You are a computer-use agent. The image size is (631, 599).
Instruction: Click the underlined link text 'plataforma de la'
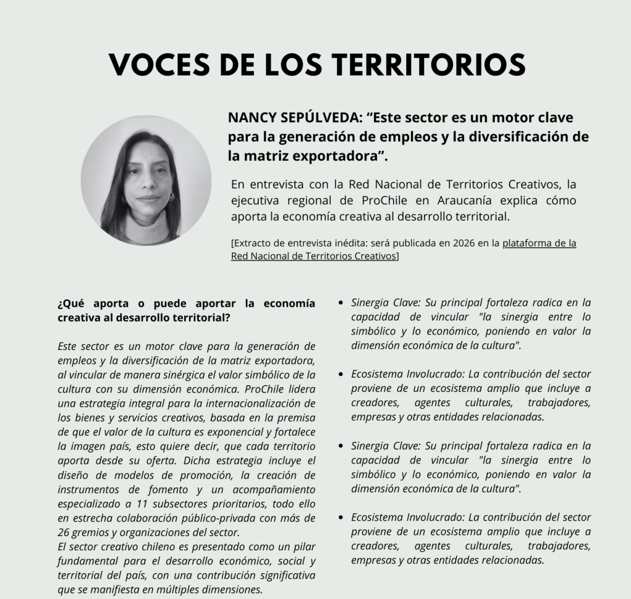pyautogui.click(x=539, y=243)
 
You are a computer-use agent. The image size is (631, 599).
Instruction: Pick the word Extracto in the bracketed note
pyautogui.click(x=253, y=243)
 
